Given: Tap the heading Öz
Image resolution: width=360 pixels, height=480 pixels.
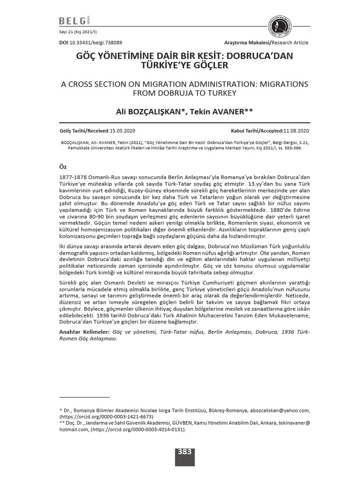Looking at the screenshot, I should [x=64, y=167].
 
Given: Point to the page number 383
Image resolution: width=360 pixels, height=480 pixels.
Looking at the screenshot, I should [x=184, y=452].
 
